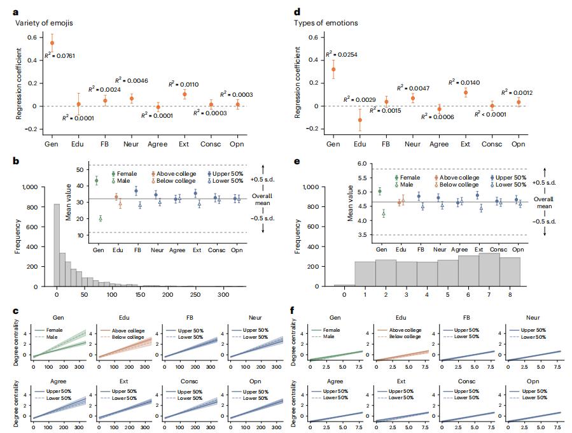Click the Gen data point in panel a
(52, 43)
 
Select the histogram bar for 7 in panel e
(489, 271)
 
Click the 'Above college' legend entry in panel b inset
(175, 173)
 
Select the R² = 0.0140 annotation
(462, 82)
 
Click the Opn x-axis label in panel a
(237, 145)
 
